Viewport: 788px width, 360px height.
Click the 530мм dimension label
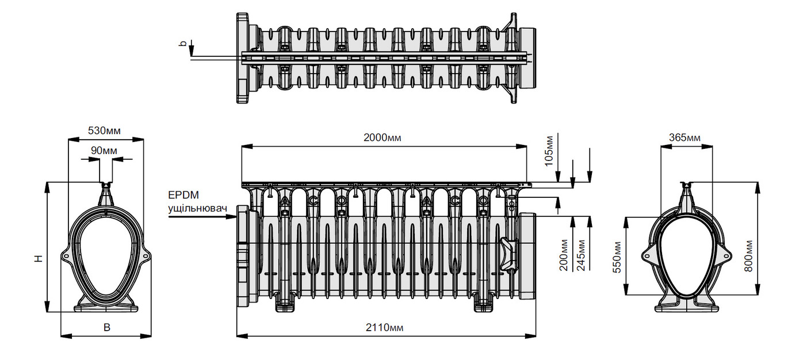click(104, 131)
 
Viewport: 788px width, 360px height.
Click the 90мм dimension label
click(104, 151)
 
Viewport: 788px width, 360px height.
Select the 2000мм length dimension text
click(382, 138)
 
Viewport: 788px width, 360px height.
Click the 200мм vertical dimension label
click(565, 255)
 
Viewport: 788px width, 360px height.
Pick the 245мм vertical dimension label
click(582, 255)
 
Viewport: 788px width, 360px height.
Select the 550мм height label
click(618, 256)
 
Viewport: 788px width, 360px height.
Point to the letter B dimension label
click(106, 327)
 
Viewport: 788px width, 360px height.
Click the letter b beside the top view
click(183, 43)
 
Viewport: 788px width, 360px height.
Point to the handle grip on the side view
click(509, 254)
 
